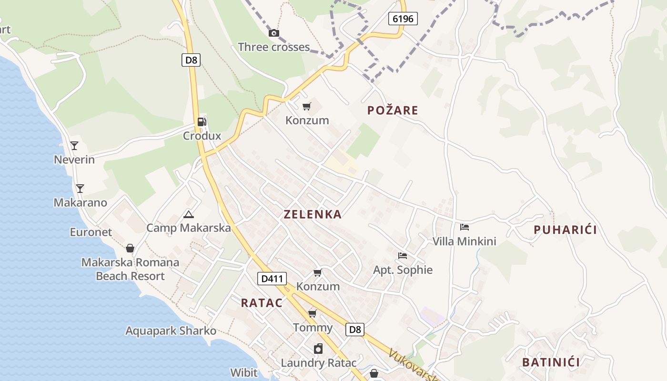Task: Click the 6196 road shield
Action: click(403, 19)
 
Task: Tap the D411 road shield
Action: click(272, 279)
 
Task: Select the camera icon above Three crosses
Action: click(274, 33)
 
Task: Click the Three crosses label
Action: click(274, 47)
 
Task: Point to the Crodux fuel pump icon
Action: click(202, 122)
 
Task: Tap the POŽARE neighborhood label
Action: click(393, 110)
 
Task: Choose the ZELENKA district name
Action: click(313, 214)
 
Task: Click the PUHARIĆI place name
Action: click(565, 230)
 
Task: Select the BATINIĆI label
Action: click(551, 362)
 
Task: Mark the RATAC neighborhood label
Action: click(262, 303)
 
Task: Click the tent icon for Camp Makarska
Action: click(189, 215)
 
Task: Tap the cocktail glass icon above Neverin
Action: click(74, 146)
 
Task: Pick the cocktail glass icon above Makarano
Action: click(80, 189)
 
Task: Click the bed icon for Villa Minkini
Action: click(465, 227)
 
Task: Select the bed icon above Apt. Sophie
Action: click(403, 256)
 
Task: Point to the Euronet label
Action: click(91, 232)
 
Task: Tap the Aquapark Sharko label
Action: click(171, 331)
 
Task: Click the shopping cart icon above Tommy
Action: click(313, 314)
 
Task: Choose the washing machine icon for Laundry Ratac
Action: click(318, 349)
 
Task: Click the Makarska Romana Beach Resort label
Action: click(130, 269)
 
